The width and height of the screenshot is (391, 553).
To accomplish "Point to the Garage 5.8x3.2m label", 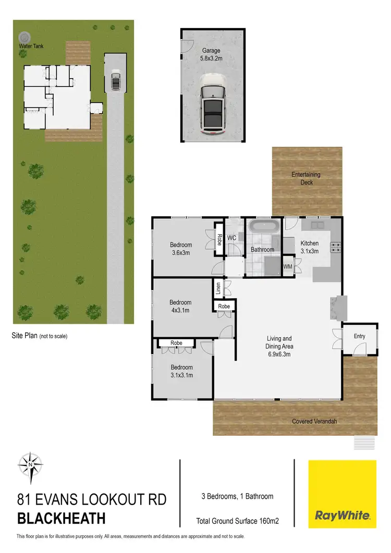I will (x=212, y=54).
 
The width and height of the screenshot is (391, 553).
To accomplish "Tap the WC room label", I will (x=232, y=238).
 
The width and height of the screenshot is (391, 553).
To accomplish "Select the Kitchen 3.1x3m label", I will (x=310, y=247).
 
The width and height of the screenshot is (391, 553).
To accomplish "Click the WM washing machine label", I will (x=288, y=267).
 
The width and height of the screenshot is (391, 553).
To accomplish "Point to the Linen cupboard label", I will (x=219, y=288).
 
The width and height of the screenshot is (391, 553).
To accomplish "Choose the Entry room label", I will (x=359, y=336).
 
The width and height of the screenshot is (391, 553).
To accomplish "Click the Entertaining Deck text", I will (x=306, y=178).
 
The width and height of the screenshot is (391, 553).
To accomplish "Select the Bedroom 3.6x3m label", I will (x=181, y=249).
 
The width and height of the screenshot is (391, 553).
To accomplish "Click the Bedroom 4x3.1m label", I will (x=180, y=306).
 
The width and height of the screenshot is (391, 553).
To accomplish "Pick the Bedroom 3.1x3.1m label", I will (x=181, y=371).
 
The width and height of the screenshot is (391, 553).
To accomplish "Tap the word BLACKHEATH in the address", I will (x=62, y=519).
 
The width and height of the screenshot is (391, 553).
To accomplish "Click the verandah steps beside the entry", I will (x=364, y=443).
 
